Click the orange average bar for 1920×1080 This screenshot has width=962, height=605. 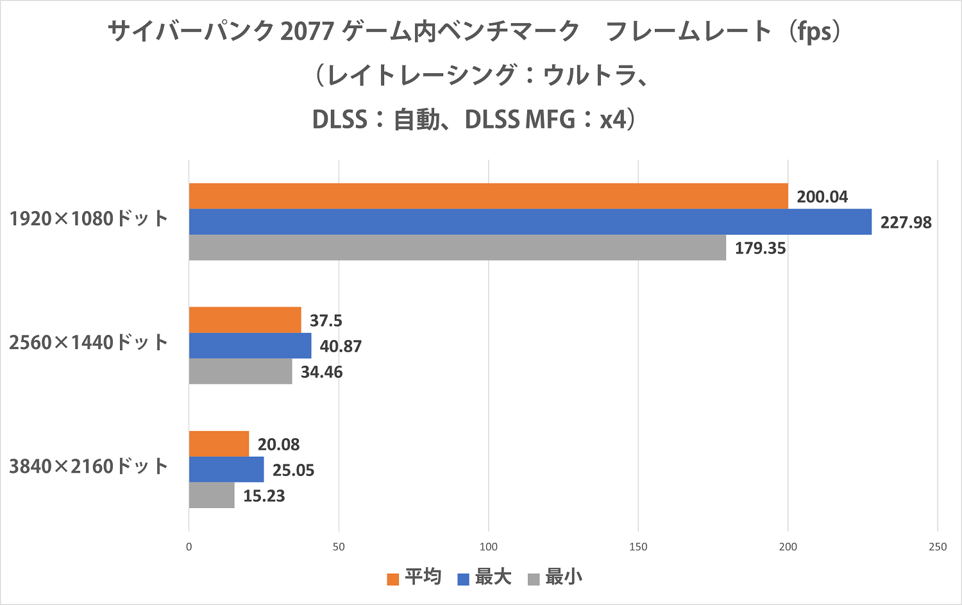pyautogui.click(x=488, y=196)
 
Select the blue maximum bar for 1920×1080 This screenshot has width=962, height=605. pyautogui.click(x=530, y=222)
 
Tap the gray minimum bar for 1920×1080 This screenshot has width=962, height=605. pyautogui.click(x=457, y=248)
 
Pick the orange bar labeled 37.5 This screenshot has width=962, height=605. pyautogui.click(x=245, y=320)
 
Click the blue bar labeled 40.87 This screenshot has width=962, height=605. pyautogui.click(x=250, y=346)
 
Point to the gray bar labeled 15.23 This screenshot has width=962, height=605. pyautogui.click(x=212, y=495)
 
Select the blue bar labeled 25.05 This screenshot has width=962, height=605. pyautogui.click(x=226, y=470)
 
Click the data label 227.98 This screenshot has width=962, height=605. pyautogui.click(x=906, y=223)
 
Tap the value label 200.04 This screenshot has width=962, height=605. pyautogui.click(x=822, y=197)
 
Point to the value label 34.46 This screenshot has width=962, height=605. pyautogui.click(x=321, y=372)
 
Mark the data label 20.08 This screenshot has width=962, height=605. pyautogui.click(x=278, y=445)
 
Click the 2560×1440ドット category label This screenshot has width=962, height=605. pyautogui.click(x=89, y=343)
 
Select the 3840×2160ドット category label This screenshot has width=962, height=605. pyautogui.click(x=89, y=466)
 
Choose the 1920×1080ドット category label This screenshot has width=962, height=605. pyautogui.click(x=89, y=219)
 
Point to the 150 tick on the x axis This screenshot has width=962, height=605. pyautogui.click(x=638, y=547)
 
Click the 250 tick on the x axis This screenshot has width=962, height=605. pyautogui.click(x=937, y=547)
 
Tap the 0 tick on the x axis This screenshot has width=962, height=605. pyautogui.click(x=189, y=547)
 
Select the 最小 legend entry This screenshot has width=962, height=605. pyautogui.click(x=555, y=577)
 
